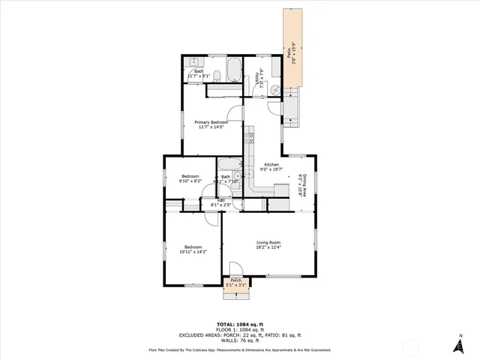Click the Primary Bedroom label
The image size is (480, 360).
pos(211,122)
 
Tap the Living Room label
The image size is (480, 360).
pos(268,242)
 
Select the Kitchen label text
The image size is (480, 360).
pos(271,165)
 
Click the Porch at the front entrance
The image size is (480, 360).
pos(236,282)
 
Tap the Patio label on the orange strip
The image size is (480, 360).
pos(288,53)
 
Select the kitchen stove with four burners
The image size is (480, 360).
pos(249,138)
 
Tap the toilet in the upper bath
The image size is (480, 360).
pos(216,75)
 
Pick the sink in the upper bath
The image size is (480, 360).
pos(192,61)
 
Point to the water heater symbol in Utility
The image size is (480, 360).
pos(274,88)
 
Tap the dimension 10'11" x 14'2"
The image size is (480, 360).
pos(193,252)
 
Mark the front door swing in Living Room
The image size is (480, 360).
pos(235,267)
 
